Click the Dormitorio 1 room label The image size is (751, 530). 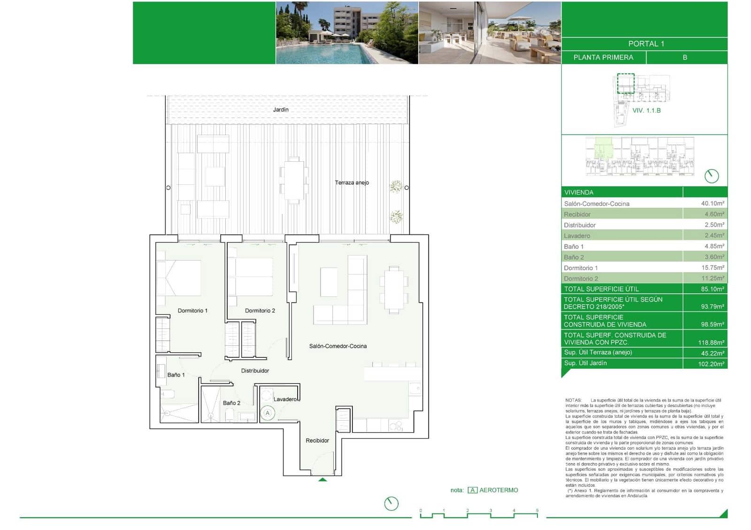pos(192,310)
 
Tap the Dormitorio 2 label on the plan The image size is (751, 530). pos(260,310)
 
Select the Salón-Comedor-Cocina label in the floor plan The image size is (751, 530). pos(338,346)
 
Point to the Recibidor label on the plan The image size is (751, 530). pos(317,440)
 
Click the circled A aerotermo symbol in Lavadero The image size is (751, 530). pos(268,413)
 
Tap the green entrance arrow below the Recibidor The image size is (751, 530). pos(322,479)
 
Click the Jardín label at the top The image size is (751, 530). pos(281,110)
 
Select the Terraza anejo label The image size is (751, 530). pos(352,182)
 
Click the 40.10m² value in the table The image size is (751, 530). pos(712,204)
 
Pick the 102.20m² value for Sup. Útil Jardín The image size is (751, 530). pos(711,363)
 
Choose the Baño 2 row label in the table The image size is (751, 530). pos(574,257)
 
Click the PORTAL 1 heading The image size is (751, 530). pos(646,44)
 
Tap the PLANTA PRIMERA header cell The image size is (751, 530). pos(603,57)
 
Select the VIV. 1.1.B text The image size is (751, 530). pos(646,111)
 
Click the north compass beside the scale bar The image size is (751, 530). pos(391,504)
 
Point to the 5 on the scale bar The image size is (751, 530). pos(537,510)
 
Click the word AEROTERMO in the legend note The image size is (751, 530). pos(498,490)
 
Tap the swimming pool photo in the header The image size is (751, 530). pos(346,33)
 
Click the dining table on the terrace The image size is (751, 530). pos(294,180)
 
